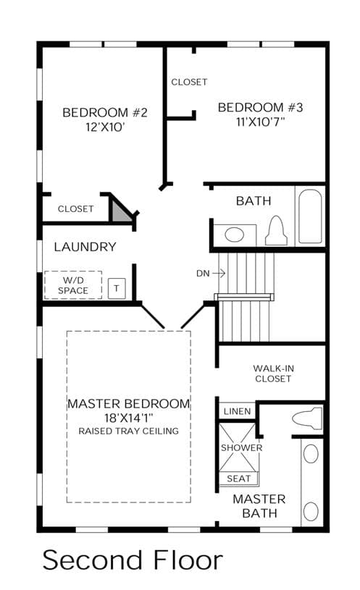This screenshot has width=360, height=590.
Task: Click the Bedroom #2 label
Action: (x=105, y=112)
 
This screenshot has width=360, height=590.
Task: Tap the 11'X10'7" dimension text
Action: (x=260, y=122)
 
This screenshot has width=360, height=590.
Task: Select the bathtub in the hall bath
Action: (x=310, y=216)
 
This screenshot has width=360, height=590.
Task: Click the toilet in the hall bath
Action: (x=277, y=231)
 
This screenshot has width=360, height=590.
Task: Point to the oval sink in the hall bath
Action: (x=234, y=235)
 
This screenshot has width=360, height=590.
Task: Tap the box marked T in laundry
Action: (x=117, y=289)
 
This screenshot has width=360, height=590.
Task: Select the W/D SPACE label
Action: (x=73, y=285)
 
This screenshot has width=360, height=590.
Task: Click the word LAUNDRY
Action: (x=85, y=247)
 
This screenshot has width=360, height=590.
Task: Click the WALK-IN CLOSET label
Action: (x=273, y=374)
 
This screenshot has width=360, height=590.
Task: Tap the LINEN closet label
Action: (x=238, y=411)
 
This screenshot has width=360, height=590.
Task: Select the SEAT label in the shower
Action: (x=239, y=479)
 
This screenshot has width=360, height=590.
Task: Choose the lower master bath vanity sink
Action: (x=311, y=511)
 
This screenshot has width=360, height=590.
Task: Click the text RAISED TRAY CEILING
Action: (x=128, y=431)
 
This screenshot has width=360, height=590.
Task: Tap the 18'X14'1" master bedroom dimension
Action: (x=128, y=418)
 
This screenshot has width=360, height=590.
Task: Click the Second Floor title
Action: (x=133, y=560)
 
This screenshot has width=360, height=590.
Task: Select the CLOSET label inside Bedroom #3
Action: (x=189, y=82)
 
